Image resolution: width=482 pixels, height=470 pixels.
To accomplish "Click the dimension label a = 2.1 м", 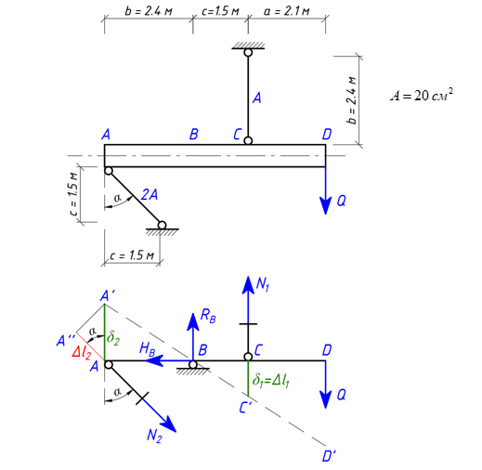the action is coord(286,11).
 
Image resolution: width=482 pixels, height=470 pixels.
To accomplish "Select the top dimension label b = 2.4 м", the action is coord(149,11).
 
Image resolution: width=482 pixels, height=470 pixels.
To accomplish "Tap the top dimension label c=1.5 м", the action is coord(220,11).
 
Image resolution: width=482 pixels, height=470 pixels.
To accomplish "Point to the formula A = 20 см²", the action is coord(422,95).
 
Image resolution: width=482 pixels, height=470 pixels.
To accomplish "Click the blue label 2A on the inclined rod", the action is coord(150,195).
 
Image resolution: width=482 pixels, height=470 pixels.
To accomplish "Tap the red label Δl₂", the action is coord(82,352).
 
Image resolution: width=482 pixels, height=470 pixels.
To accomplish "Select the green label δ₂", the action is coord(113,337).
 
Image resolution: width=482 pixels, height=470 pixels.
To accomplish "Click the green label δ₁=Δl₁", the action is coord(271,380).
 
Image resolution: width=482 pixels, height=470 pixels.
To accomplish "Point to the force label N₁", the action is coord(263,284).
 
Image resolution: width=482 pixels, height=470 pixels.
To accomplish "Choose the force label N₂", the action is coord(154,436).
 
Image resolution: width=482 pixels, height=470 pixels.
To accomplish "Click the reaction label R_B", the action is coord(208,316).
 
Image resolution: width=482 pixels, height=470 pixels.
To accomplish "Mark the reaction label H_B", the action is coord(147,348).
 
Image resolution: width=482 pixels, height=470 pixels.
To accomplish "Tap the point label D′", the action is coord(329,456).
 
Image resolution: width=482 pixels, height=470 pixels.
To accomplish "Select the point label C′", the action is coord(246,408).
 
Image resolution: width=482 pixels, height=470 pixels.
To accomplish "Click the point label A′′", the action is coord(66,341).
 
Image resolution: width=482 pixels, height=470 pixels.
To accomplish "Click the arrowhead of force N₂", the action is coord(169,424).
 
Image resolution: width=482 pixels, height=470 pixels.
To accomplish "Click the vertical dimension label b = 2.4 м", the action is coord(351,100).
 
